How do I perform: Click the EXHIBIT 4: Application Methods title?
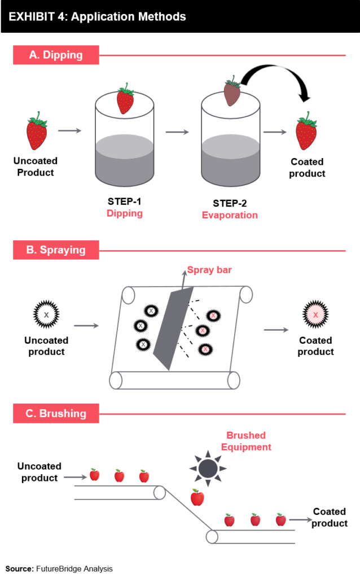point(97,16)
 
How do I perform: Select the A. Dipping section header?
point(56,55)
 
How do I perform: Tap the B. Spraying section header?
point(56,250)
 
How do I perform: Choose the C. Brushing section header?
point(56,413)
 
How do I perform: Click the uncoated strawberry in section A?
point(37,132)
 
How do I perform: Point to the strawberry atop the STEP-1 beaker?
point(125,100)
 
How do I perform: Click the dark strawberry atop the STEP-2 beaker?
point(232,92)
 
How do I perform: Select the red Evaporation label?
point(230,215)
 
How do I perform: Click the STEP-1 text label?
point(125,202)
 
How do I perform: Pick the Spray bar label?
point(209,270)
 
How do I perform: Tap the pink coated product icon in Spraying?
point(315,314)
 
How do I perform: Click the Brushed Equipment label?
point(246,441)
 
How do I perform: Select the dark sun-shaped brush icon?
point(208,467)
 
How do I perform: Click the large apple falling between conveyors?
point(197,497)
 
